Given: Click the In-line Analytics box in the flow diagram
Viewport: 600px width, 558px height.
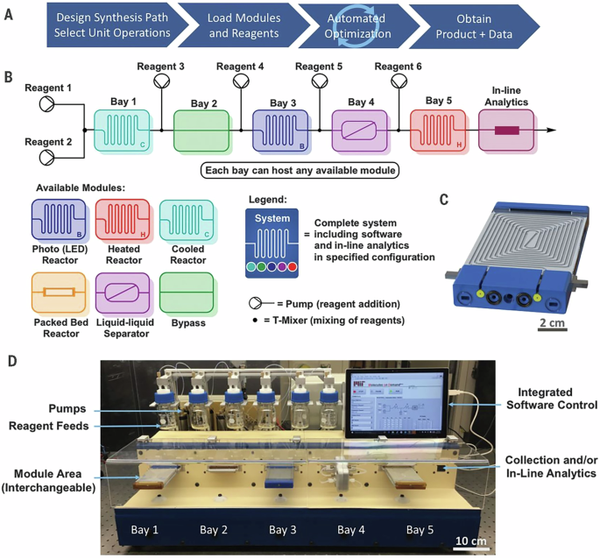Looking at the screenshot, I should click(507, 130).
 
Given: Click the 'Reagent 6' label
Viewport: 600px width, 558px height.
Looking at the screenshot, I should click(398, 67).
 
